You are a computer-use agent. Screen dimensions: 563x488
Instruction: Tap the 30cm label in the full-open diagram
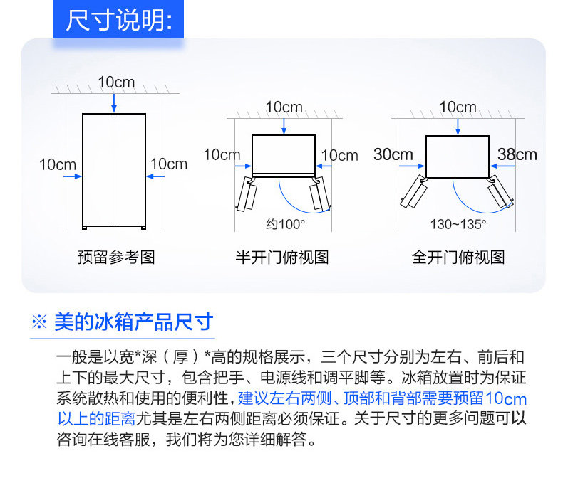(393, 154)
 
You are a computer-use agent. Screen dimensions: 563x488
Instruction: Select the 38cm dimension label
(517, 154)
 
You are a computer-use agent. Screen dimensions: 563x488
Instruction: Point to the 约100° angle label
(285, 223)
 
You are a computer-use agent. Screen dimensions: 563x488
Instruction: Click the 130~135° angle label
(458, 223)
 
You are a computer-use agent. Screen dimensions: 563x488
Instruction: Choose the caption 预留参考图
(115, 257)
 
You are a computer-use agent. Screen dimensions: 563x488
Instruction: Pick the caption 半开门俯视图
(282, 257)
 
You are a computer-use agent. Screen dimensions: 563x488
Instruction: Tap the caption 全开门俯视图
(458, 257)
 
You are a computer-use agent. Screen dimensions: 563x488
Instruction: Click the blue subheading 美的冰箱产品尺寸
(133, 322)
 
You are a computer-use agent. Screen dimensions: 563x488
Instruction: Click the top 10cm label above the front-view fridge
(115, 83)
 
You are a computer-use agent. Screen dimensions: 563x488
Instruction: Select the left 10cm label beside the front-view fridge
(57, 164)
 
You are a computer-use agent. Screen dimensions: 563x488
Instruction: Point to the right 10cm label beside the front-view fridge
(169, 164)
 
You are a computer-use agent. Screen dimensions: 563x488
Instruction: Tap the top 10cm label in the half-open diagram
(284, 107)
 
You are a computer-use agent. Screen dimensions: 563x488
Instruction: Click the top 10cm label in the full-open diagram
(458, 107)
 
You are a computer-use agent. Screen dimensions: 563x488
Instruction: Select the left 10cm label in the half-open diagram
(222, 154)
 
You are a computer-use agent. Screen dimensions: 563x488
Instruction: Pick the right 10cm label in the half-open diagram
(339, 155)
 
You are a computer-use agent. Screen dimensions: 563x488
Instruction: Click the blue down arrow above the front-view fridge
(114, 103)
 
